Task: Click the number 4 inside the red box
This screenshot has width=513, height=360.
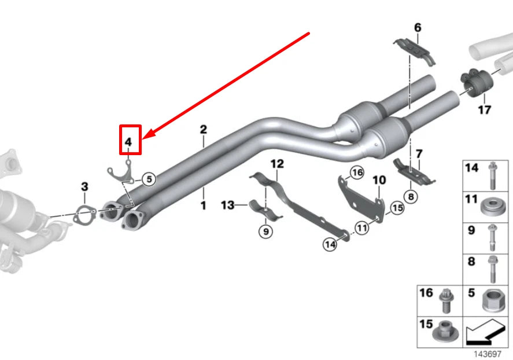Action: click(x=128, y=141)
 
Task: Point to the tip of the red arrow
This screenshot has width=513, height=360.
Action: click(x=144, y=138)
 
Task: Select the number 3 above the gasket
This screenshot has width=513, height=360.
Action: click(x=84, y=186)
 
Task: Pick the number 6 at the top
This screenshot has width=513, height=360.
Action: click(x=418, y=27)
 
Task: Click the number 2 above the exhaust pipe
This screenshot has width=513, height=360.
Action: click(x=203, y=129)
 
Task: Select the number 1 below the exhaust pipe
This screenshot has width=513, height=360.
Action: click(x=203, y=205)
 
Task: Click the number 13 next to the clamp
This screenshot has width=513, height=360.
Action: click(x=228, y=205)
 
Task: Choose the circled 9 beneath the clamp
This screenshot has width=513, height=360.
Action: click(x=265, y=232)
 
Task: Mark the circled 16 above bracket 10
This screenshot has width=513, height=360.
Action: click(x=357, y=172)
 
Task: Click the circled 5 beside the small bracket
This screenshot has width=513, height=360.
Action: click(x=149, y=179)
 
